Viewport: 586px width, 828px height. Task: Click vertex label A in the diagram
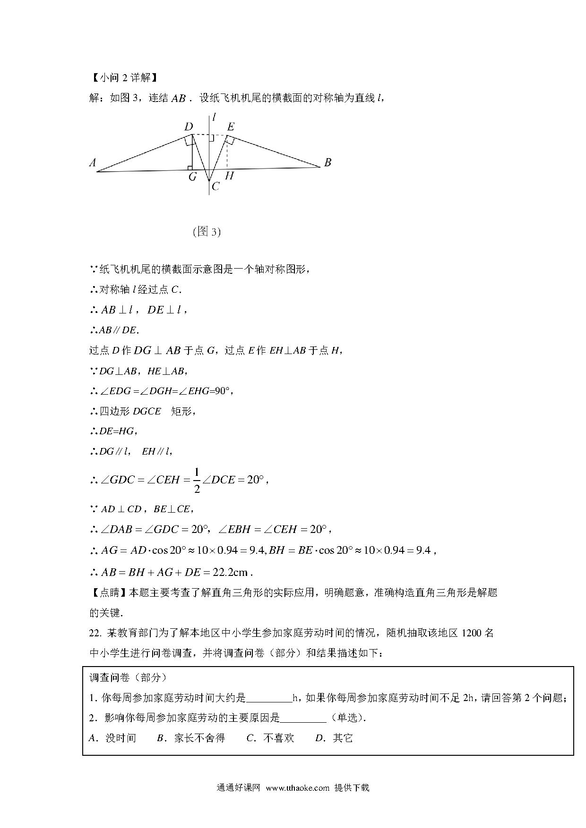[x=93, y=163]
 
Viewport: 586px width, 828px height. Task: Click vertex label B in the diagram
[x=327, y=162]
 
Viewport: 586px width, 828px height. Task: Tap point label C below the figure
[x=215, y=186]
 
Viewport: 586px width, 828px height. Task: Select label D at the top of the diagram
[x=189, y=127]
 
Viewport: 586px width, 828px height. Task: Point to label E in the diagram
[x=231, y=127]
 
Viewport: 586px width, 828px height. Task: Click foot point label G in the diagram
[x=192, y=177]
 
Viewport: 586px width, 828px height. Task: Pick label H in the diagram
[x=229, y=176]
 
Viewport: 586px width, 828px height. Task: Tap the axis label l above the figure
[x=214, y=117]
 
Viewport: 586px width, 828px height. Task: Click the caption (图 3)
[x=207, y=232]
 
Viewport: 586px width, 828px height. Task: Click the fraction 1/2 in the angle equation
[x=197, y=481]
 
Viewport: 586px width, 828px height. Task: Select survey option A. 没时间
[x=112, y=738]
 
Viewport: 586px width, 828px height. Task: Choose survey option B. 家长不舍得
[x=190, y=738]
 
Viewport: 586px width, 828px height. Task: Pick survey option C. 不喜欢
[x=270, y=738]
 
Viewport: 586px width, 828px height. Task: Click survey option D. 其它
[x=334, y=738]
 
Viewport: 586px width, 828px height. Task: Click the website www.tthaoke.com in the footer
[x=297, y=788]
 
